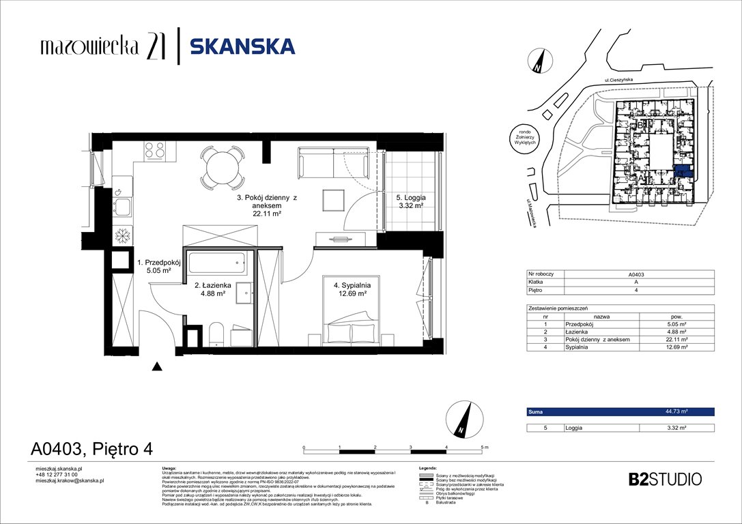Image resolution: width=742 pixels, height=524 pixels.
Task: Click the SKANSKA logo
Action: coord(242,46)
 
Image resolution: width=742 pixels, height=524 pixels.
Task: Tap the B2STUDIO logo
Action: coord(664,479)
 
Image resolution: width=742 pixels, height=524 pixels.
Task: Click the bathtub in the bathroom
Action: coord(217,260)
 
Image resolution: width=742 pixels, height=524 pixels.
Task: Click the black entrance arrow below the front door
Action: coord(158,367)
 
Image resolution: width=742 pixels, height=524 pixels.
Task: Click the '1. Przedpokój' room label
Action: coord(158,261)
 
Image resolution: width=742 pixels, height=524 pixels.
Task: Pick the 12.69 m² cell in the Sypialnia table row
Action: coord(676,347)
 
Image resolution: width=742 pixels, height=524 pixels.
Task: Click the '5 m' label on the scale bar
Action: coord(485,448)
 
